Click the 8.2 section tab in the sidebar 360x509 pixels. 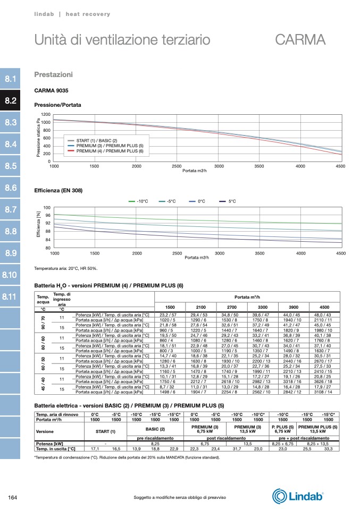[x=11, y=100]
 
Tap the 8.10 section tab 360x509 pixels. [x=11, y=275]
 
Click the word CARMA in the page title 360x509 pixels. [x=300, y=40]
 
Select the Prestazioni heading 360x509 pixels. [x=53, y=74]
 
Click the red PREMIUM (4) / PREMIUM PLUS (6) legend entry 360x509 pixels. [x=110, y=151]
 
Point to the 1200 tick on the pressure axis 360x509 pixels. [x=45, y=115]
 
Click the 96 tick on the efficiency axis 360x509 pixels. [x=47, y=215]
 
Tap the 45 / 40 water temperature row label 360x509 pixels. [x=42, y=385]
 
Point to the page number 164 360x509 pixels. [x=13, y=497]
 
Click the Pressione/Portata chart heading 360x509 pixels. [x=57, y=105]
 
